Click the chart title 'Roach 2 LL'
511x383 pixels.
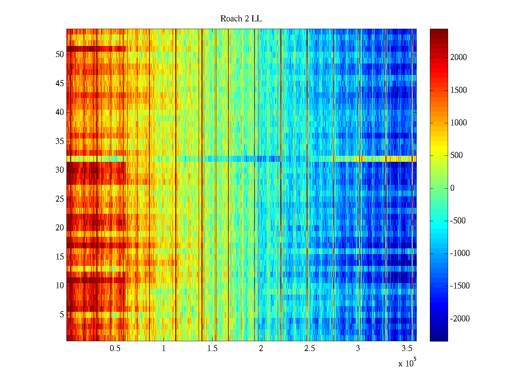tap(241, 19)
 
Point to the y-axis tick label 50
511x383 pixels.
tap(60, 54)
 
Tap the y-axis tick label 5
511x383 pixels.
tap(62, 314)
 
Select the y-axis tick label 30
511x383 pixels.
tap(60, 170)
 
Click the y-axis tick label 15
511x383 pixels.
tap(60, 257)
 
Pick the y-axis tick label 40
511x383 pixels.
tap(60, 112)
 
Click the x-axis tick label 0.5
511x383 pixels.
tap(115, 349)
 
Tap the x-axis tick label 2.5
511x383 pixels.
tap(309, 349)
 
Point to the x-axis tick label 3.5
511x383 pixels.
tap(407, 349)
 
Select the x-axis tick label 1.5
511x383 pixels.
tap(212, 349)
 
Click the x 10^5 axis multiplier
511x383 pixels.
tap(407, 363)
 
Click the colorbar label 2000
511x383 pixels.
tap(459, 57)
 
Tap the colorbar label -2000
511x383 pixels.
tap(460, 319)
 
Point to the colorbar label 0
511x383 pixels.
tap(452, 188)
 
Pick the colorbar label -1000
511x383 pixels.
tap(460, 253)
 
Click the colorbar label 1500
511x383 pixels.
tap(459, 90)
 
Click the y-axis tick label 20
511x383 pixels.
tap(60, 228)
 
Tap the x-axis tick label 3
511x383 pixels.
tap(358, 349)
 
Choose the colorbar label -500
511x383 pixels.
tap(458, 221)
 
